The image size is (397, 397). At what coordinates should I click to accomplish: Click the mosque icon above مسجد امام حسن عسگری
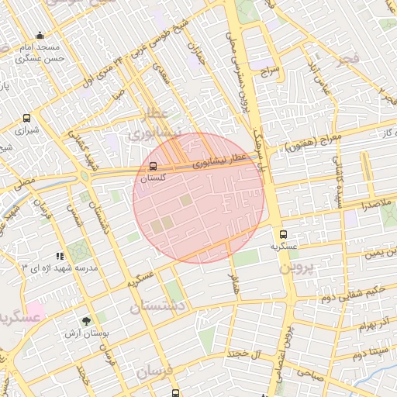pyautogui.click(x=40, y=36)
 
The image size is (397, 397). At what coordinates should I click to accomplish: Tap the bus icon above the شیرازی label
pyautogui.click(x=28, y=119)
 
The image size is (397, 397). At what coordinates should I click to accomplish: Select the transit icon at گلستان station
pyautogui.click(x=153, y=166)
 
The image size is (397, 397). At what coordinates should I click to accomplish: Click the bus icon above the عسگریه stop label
pyautogui.click(x=282, y=233)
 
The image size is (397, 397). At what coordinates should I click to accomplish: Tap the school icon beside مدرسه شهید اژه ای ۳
pyautogui.click(x=59, y=256)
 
